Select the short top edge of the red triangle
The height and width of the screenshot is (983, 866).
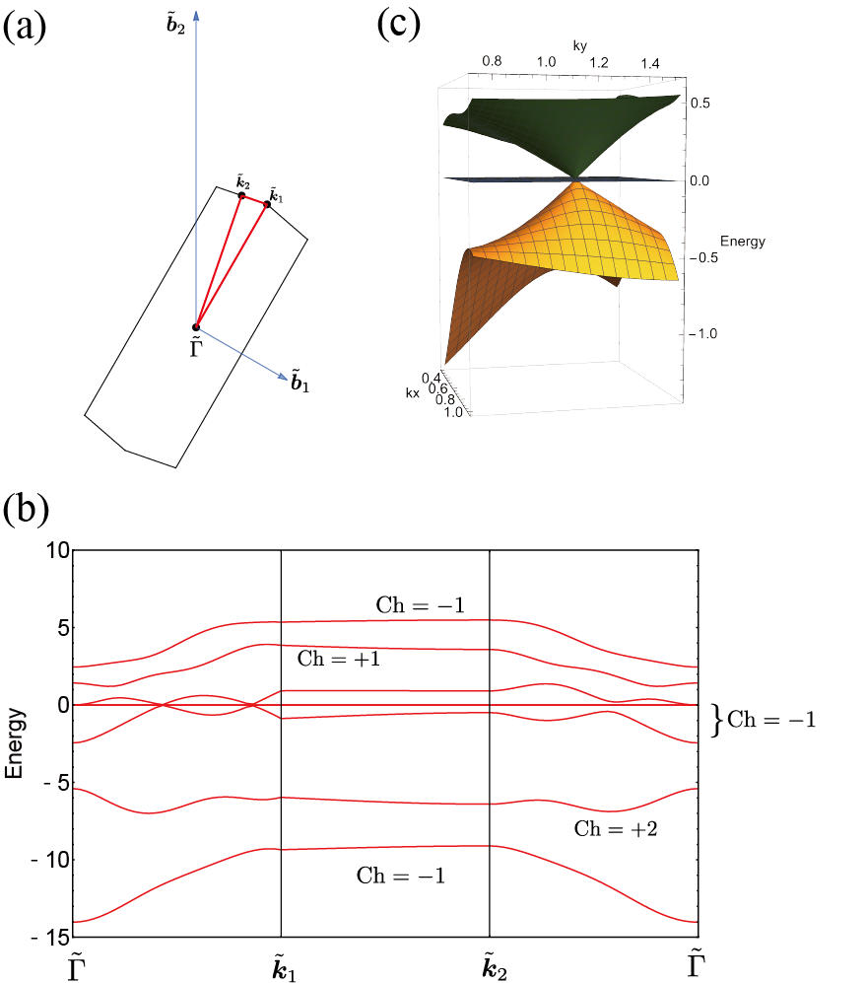click(253, 201)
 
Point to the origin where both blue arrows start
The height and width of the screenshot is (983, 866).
click(197, 326)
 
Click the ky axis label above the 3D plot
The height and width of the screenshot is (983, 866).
click(579, 45)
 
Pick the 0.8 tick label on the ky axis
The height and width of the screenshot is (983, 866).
click(492, 61)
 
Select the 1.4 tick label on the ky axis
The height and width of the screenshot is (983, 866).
click(650, 64)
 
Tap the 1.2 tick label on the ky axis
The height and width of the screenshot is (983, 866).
click(598, 63)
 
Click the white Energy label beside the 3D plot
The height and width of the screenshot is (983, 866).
click(743, 242)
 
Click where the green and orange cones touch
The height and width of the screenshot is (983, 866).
click(575, 178)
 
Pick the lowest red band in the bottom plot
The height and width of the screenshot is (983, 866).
click(384, 848)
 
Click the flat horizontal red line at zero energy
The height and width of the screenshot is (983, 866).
click(394, 705)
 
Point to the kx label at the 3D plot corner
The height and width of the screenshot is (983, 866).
click(412, 393)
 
